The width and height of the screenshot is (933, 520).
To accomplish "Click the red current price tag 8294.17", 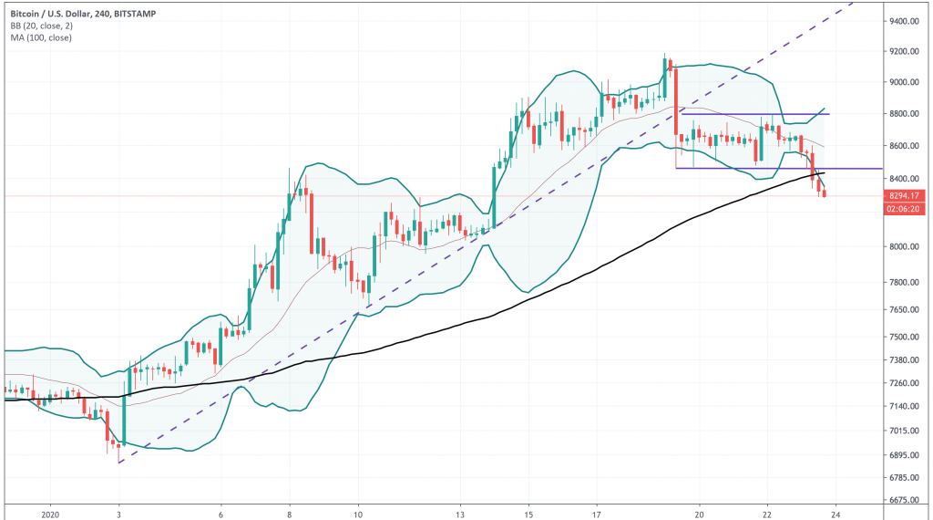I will point(904,195).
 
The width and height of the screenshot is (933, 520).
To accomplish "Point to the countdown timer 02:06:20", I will point(904,209).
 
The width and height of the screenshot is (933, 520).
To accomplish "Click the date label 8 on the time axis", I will point(290,513).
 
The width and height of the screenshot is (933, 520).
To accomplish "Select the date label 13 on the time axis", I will point(463,513).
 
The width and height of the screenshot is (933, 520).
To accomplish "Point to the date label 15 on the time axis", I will point(528,513).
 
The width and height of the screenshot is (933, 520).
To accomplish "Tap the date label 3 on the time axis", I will point(118,513).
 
